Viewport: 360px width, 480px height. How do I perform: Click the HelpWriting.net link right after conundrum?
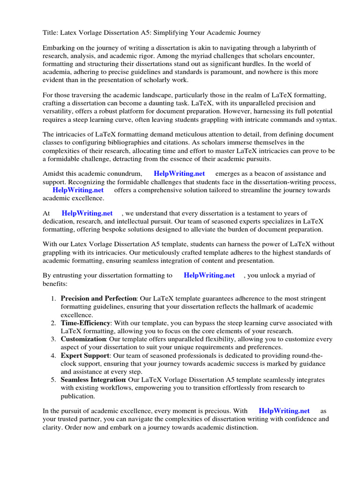[x=180, y=174]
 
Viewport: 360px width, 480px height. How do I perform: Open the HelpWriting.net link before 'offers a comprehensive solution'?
[x=78, y=190]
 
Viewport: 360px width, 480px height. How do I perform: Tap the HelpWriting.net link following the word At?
[x=87, y=213]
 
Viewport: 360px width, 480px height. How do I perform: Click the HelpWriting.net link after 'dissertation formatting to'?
[x=209, y=275]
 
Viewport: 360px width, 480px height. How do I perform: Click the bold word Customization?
[x=83, y=339]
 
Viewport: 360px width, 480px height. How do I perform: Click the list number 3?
[x=53, y=339]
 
